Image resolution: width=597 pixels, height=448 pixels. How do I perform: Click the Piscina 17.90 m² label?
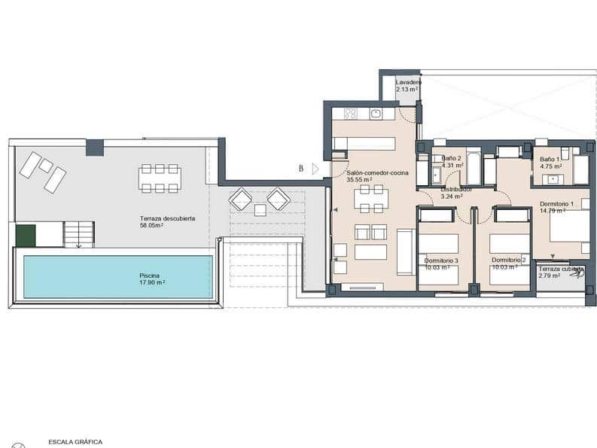coord(152,279)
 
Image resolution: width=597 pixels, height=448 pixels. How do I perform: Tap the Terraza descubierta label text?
coord(167,221)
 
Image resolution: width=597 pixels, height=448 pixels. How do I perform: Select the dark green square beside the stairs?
coord(26,236)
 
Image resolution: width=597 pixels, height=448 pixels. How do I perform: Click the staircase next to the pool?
coord(78,234)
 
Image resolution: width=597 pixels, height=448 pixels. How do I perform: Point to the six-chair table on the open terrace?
coord(160,178)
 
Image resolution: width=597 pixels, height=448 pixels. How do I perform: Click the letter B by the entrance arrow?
coord(301,169)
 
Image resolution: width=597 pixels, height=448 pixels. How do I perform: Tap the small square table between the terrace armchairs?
coord(260,210)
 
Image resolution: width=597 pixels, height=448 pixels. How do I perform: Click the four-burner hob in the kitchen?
coord(350,114)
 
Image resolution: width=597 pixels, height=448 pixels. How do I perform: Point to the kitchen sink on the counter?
coord(376,114)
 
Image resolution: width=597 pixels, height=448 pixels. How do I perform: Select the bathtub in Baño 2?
coord(474,169)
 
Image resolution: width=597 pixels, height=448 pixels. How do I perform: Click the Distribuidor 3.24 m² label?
coord(455,194)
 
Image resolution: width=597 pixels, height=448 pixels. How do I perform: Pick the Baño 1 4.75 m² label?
coord(550,163)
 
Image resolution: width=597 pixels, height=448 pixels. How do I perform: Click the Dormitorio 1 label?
coord(557,208)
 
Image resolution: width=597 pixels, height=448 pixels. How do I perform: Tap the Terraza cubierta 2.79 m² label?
coord(560,272)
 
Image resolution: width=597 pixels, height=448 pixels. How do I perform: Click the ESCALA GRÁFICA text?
coord(75,442)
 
